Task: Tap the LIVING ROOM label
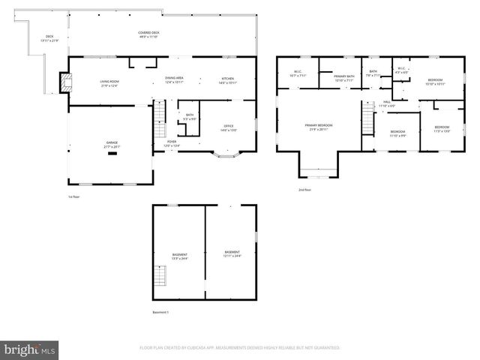(x=110, y=82)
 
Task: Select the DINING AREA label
(x=175, y=79)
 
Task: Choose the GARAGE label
(x=112, y=142)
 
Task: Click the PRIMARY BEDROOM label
(x=318, y=125)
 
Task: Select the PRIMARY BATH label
(x=344, y=76)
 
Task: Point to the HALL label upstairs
(x=386, y=102)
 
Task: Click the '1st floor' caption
(x=73, y=197)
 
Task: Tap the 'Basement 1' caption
(x=160, y=312)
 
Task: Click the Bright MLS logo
(x=30, y=349)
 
